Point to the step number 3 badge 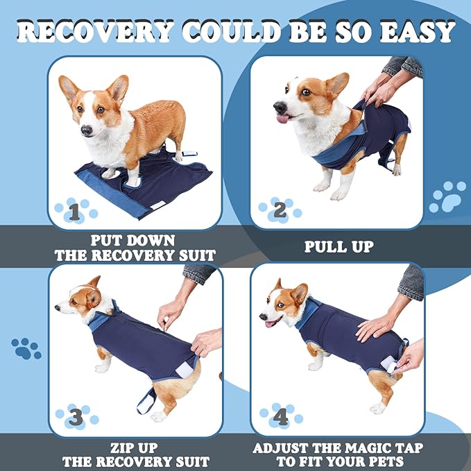point(75,417)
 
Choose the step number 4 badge point(280,418)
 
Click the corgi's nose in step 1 point(85,130)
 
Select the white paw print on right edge point(447,197)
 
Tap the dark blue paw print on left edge point(26,348)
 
